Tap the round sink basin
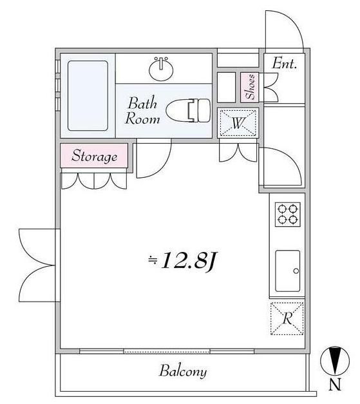tap(162, 67)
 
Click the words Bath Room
tap(140, 110)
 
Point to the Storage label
tap(94, 156)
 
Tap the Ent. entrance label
tap(284, 64)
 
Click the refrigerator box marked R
tap(285, 318)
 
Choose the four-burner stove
tap(286, 214)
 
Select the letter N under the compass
tap(334, 387)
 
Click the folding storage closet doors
tap(94, 180)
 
